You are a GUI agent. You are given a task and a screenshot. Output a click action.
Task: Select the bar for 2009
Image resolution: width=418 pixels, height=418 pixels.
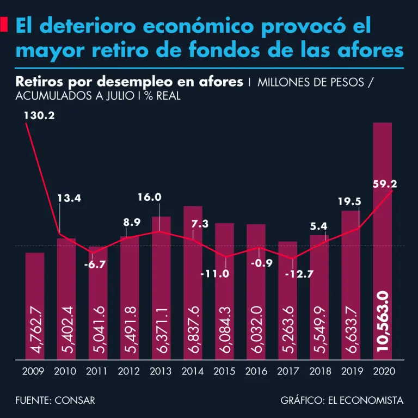point(35,305)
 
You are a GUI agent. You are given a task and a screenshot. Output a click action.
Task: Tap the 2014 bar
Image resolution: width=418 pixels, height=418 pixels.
point(193,283)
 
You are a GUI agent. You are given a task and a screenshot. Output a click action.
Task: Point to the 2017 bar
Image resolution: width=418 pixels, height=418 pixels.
point(287,299)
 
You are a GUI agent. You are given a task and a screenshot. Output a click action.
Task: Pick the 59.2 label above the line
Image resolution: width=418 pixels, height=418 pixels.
point(385,185)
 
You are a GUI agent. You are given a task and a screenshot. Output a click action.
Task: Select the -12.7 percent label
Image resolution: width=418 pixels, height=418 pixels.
point(299,274)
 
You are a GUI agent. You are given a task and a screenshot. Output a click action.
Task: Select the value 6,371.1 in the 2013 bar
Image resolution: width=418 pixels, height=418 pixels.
point(161,329)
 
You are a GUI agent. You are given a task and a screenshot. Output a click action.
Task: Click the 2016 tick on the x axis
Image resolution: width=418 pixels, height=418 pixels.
point(256,372)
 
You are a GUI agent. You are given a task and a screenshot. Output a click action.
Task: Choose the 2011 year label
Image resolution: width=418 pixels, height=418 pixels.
point(97,372)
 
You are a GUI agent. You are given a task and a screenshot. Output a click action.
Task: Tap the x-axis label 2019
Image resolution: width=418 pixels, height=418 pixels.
point(351,372)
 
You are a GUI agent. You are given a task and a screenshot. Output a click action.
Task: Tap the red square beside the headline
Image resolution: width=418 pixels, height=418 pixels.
point(4,25)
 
